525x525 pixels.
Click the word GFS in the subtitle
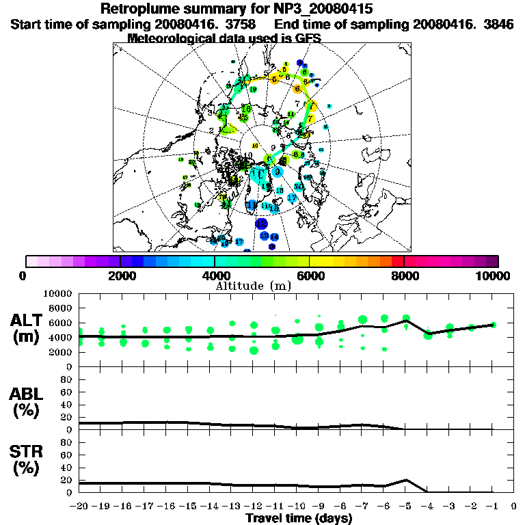[308, 38]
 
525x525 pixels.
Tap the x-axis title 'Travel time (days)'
[299, 518]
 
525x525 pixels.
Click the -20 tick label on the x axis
[79, 507]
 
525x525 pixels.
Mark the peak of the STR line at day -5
[406, 480]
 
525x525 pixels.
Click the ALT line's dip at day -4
[428, 334]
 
